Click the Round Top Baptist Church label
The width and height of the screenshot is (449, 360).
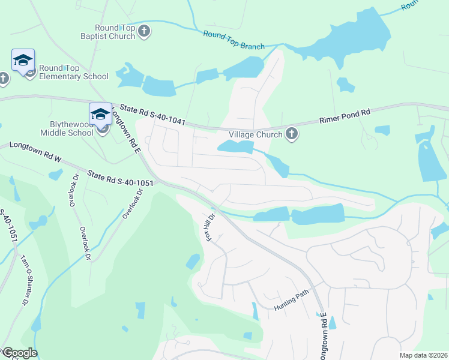click(115, 31)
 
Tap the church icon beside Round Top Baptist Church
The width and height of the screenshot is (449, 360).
click(144, 31)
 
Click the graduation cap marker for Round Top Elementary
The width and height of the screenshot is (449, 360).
click(23, 61)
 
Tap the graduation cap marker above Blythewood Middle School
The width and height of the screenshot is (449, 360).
click(100, 115)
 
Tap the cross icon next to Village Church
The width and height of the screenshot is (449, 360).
click(292, 134)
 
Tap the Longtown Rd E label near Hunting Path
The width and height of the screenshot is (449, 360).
click(323, 337)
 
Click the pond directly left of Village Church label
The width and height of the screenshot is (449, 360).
click(236, 147)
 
